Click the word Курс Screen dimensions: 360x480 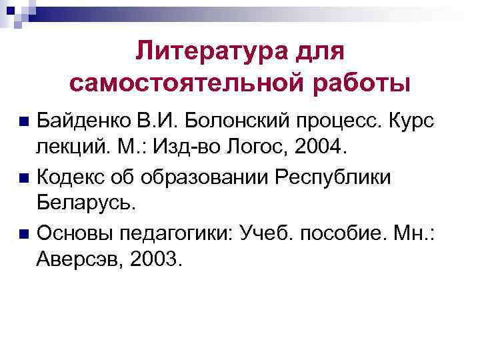coord(409,122)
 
